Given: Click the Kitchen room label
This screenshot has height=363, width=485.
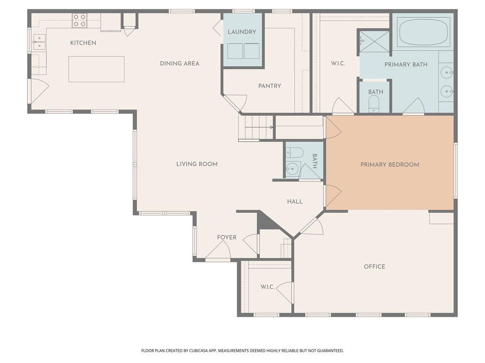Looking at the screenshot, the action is [x=83, y=43].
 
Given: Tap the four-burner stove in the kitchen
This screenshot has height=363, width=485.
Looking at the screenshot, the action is [x=80, y=20].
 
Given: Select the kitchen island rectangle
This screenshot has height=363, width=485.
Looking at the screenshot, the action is [x=96, y=69].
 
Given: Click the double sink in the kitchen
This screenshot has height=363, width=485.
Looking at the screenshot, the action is [x=39, y=42].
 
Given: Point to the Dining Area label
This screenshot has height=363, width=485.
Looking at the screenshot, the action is [x=180, y=64].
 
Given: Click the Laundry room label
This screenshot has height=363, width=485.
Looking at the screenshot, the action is [x=242, y=32].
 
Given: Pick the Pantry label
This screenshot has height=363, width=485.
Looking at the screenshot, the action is [x=269, y=86].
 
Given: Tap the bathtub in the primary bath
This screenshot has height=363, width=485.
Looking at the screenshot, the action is [x=423, y=32].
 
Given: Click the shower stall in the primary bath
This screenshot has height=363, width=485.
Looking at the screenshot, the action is [x=374, y=42].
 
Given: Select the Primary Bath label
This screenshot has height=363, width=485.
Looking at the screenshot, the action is [x=406, y=64].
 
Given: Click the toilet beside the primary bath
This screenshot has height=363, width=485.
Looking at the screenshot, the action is [x=374, y=103].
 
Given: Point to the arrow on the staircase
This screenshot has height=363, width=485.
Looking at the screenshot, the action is [x=259, y=127].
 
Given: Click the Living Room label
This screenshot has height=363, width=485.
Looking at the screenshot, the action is [x=197, y=164].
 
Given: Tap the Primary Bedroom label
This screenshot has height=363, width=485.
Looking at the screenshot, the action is [x=390, y=164].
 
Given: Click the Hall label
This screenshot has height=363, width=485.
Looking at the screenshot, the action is [x=295, y=201].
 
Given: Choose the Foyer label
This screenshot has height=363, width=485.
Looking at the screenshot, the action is [x=226, y=237].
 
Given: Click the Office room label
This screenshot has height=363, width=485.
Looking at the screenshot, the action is [x=374, y=267].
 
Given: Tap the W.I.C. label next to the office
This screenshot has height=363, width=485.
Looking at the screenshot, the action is [x=267, y=287].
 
